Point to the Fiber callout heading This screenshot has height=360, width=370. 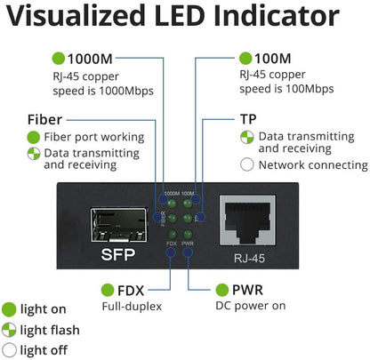click(x=44, y=119)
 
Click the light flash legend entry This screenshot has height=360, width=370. click(x=50, y=330)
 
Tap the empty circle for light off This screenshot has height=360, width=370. click(x=10, y=350)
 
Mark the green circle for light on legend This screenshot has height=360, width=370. click(x=10, y=309)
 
